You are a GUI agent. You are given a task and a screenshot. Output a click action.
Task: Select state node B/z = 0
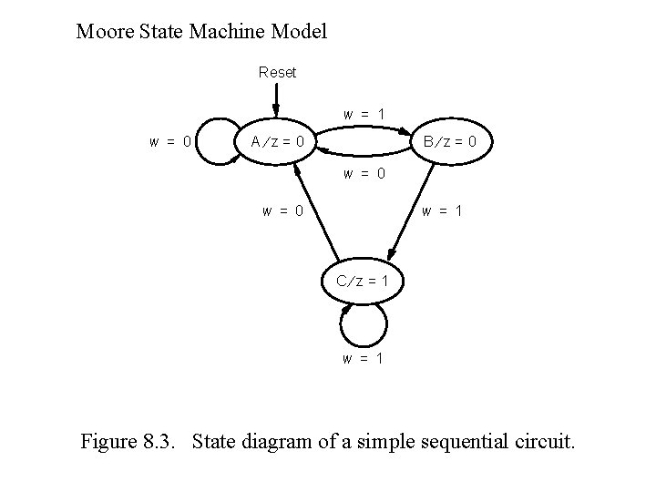point(453,141)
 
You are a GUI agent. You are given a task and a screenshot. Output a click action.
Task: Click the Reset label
point(277,72)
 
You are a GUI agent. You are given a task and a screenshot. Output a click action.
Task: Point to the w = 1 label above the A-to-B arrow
point(364,115)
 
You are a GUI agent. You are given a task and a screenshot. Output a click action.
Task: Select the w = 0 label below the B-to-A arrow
point(364,172)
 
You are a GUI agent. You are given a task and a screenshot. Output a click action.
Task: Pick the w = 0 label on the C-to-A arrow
point(282,211)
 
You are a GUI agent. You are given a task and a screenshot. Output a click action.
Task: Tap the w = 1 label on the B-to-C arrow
point(442,211)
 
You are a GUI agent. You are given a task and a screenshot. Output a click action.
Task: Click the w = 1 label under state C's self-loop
point(363,358)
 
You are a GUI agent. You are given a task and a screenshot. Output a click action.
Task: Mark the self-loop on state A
point(211,142)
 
